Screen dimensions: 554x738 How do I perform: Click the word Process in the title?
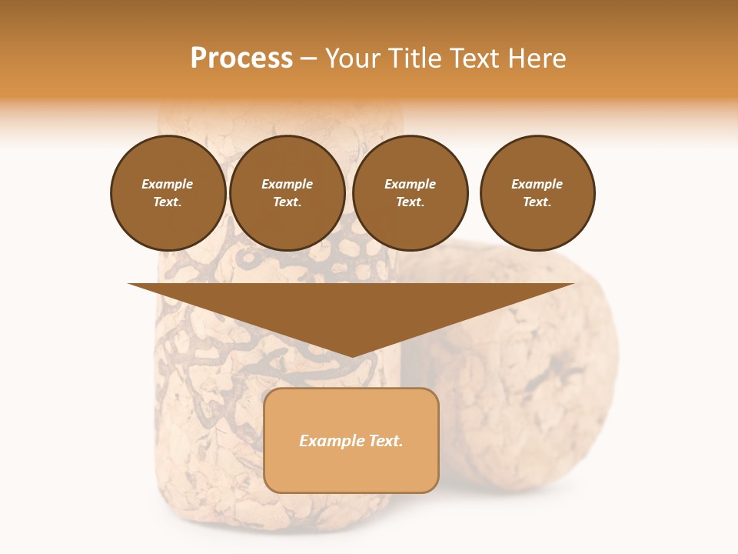tap(241, 58)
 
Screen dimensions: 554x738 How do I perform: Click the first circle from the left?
tap(168, 193)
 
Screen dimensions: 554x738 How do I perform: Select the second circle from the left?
tap(288, 193)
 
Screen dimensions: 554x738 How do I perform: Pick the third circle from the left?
tap(411, 193)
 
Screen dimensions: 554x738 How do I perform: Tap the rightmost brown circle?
tap(537, 193)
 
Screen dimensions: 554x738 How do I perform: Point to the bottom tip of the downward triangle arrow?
tap(351, 357)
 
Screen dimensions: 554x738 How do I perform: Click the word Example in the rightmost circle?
tap(537, 185)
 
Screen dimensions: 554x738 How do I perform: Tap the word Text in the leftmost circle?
tap(166, 202)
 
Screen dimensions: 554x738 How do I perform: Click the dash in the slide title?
tap(309, 58)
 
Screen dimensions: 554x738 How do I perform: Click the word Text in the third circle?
tap(409, 202)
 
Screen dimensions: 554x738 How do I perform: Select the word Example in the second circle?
tap(288, 185)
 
